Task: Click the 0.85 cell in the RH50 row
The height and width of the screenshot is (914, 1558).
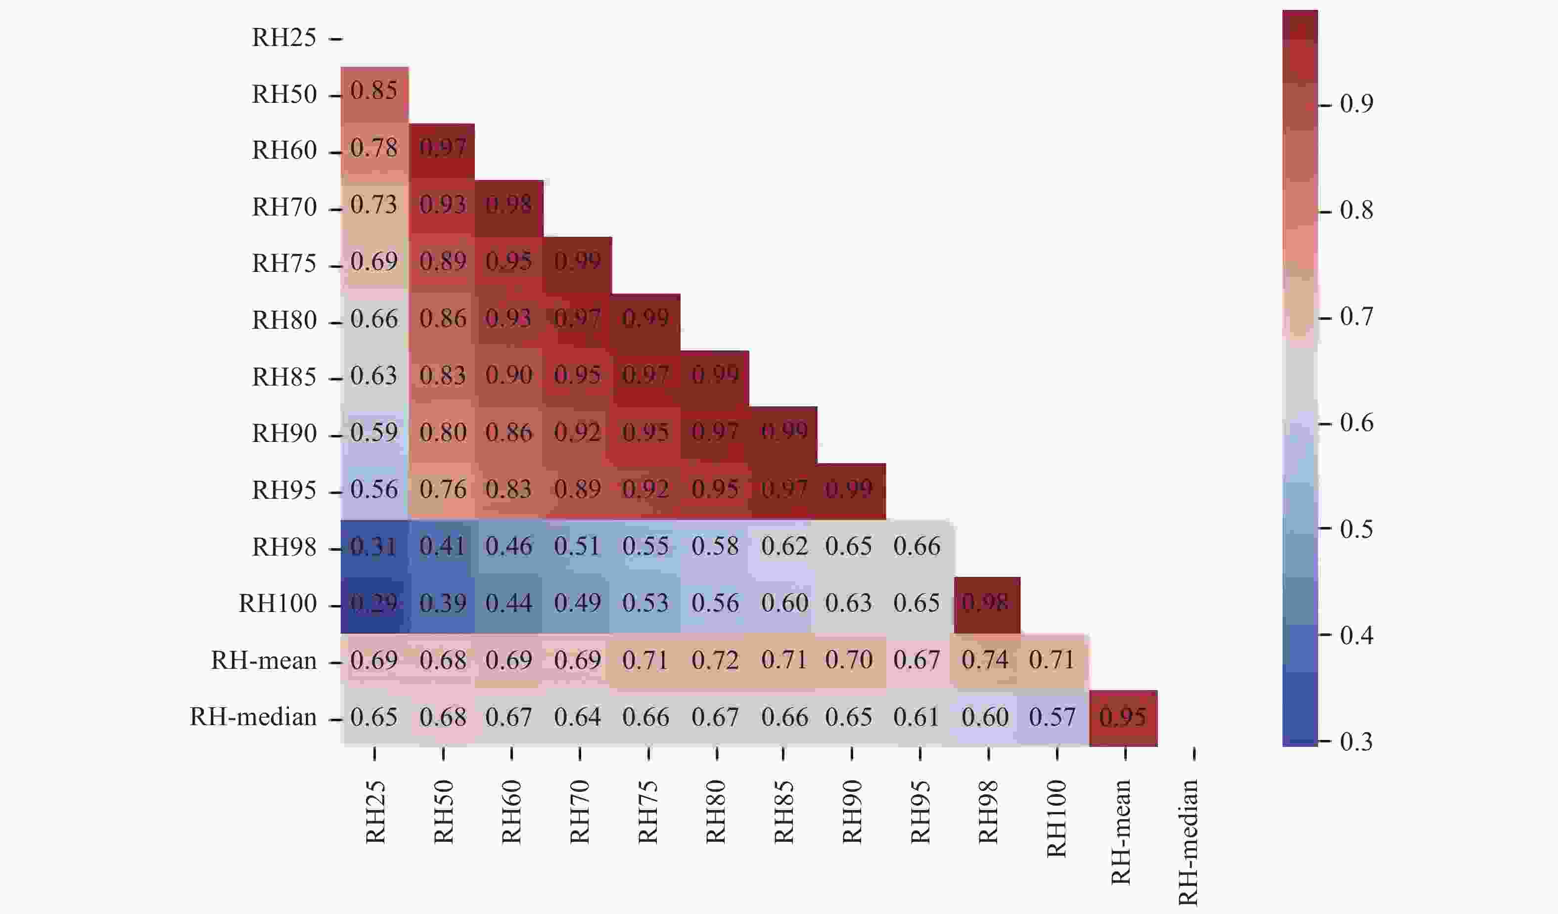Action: click(374, 91)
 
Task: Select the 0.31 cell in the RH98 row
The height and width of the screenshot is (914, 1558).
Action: click(374, 546)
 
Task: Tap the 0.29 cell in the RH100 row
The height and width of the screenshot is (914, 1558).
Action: click(374, 603)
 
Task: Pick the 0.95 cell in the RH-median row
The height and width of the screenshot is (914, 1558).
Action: click(1123, 717)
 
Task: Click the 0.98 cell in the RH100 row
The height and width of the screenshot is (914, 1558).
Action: click(986, 603)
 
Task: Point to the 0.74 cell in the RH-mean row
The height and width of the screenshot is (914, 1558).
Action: click(986, 660)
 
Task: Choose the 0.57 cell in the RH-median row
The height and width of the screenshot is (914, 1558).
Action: click(1054, 717)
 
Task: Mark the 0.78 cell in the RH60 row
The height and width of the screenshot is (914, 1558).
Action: click(374, 148)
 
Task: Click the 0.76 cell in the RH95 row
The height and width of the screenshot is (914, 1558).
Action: click(443, 489)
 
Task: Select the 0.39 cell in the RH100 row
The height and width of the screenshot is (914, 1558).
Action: click(443, 603)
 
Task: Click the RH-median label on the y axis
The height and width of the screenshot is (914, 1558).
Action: click(253, 717)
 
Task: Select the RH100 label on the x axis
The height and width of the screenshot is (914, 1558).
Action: click(1056, 818)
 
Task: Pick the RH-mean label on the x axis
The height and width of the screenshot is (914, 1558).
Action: click(1122, 831)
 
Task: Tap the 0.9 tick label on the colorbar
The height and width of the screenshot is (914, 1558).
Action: click(1356, 104)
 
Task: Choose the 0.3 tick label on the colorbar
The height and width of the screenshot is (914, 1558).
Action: click(1356, 741)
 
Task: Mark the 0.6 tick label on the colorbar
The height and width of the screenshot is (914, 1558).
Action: click(1356, 423)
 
